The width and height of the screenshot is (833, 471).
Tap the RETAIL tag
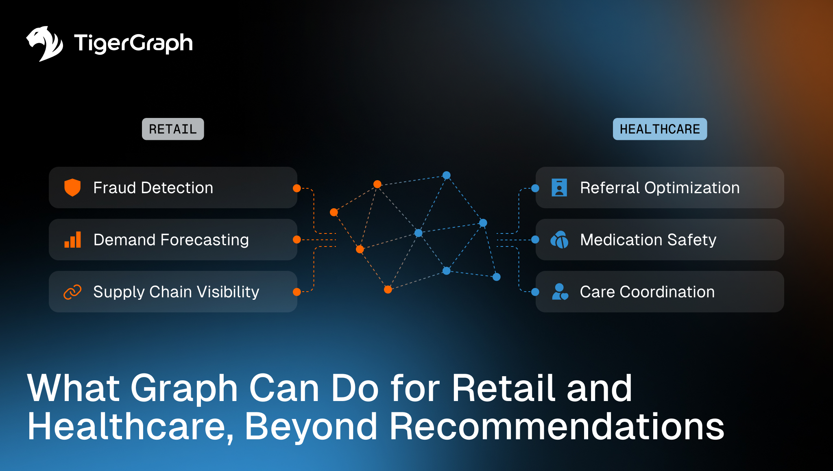click(x=173, y=129)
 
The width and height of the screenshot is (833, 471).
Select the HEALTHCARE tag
click(x=660, y=129)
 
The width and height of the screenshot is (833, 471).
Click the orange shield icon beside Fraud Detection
click(x=72, y=188)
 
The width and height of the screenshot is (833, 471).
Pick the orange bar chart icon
click(x=73, y=240)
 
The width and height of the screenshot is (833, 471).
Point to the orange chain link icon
click(x=72, y=292)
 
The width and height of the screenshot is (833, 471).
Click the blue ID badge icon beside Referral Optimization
click(x=559, y=188)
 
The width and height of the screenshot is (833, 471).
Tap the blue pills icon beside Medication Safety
click(x=559, y=240)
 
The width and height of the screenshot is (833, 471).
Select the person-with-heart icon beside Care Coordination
click(x=560, y=292)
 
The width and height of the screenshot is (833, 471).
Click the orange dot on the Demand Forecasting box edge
click(x=297, y=240)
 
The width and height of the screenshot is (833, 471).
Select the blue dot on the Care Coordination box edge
click(x=535, y=292)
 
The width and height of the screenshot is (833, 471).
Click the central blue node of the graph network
click(x=419, y=233)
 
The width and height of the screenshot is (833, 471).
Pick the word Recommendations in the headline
click(x=557, y=426)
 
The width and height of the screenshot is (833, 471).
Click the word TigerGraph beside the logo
click(x=133, y=43)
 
